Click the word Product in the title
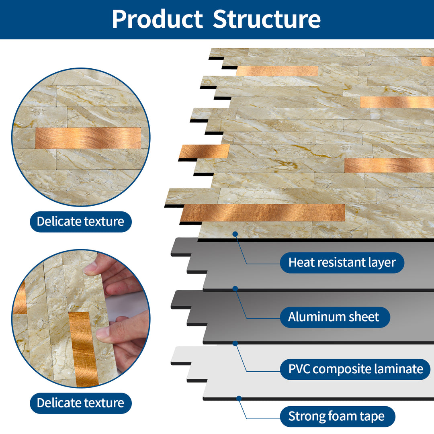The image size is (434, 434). click(x=157, y=19)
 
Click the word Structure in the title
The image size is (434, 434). click(x=267, y=19)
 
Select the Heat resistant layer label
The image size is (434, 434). click(x=342, y=263)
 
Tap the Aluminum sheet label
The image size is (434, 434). click(x=334, y=317)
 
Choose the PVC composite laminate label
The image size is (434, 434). click(x=356, y=369)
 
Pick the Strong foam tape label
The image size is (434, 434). click(x=336, y=416)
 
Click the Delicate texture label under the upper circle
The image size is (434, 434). click(x=80, y=221)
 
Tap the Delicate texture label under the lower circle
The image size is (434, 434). click(x=80, y=403)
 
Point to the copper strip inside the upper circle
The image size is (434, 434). click(x=88, y=138)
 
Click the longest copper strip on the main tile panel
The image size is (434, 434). click(x=263, y=212)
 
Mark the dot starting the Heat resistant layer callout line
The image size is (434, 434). click(x=235, y=233)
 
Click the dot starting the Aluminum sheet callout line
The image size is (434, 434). click(x=235, y=288)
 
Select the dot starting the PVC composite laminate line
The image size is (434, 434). click(x=235, y=343)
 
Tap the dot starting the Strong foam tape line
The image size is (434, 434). click(x=239, y=398)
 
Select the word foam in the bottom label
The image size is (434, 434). click(x=340, y=416)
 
